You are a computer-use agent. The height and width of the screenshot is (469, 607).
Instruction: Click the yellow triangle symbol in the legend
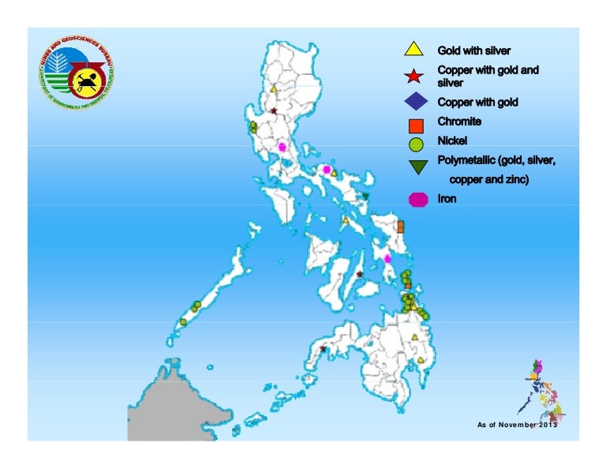pos(412,50)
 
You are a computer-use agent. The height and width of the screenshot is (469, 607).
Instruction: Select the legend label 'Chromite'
pos(460,122)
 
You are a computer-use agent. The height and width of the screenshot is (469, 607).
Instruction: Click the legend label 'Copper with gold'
pos(478,102)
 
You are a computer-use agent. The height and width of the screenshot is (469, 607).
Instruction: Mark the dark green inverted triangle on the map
pos(365,197)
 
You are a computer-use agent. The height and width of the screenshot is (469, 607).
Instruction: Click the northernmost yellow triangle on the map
pos(273,89)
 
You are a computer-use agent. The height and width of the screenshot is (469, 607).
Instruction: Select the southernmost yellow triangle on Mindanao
pos(421,360)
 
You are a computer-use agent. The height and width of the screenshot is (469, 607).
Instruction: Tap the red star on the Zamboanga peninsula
pos(322,348)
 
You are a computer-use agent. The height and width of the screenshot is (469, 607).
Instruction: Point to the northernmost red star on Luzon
pos(273,111)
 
